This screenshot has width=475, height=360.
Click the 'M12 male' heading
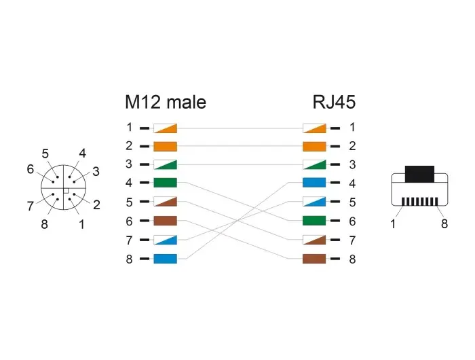(x=166, y=102)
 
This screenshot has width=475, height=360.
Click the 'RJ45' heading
(x=334, y=102)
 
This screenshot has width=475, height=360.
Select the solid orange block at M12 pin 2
(x=165, y=147)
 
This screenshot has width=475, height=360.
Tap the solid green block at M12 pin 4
(x=165, y=183)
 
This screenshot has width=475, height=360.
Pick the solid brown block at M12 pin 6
(x=165, y=221)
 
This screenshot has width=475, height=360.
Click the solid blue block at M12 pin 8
(x=165, y=259)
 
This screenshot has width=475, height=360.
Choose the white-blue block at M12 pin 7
(x=165, y=240)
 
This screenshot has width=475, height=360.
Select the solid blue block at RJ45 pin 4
(x=314, y=183)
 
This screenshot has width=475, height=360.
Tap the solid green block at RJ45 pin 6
(x=314, y=221)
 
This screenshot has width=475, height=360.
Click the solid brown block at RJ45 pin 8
(x=314, y=259)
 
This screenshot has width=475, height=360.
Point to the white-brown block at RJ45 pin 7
(x=314, y=240)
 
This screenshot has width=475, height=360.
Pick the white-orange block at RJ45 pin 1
(x=314, y=128)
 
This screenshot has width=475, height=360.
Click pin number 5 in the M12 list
(x=130, y=202)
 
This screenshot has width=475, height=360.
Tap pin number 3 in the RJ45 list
(x=352, y=164)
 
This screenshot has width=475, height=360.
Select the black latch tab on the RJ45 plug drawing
(x=419, y=174)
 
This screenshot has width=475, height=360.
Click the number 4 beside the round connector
(x=82, y=154)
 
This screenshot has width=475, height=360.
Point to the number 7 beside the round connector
(x=31, y=206)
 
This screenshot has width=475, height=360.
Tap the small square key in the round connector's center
(x=66, y=191)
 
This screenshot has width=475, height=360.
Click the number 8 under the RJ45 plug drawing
(x=444, y=224)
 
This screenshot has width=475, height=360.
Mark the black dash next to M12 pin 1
(x=144, y=128)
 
